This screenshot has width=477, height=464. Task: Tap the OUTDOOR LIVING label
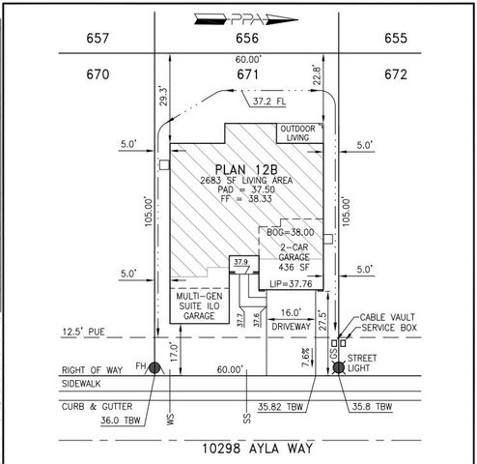[299, 133]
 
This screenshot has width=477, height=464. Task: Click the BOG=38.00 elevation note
[294, 232]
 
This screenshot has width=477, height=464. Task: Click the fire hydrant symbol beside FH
[154, 368]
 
